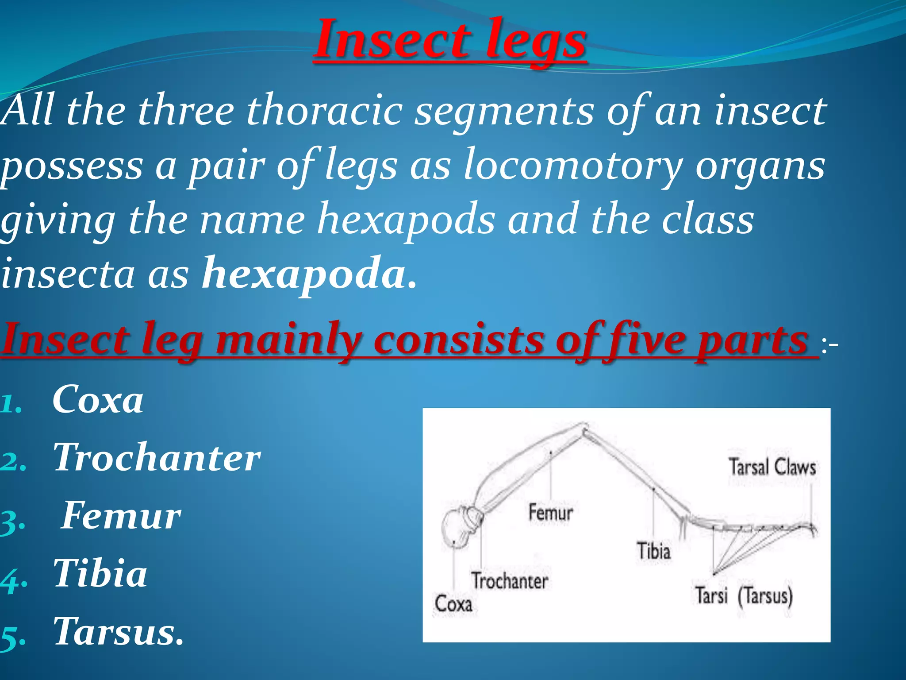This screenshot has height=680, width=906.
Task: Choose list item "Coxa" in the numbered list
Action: (x=98, y=400)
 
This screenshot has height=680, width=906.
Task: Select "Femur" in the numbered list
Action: (x=121, y=516)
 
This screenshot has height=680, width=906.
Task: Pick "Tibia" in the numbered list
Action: (x=100, y=574)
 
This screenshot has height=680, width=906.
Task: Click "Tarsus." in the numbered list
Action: (x=118, y=632)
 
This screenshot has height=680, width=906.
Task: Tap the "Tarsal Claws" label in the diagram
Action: (x=772, y=467)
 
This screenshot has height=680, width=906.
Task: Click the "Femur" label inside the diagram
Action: (x=550, y=513)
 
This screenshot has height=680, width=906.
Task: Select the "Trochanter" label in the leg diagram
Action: (x=509, y=581)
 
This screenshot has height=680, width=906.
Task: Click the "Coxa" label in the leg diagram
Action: (x=453, y=604)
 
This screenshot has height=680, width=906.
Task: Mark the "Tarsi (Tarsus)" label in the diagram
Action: (x=743, y=596)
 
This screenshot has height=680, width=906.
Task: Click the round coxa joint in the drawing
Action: (x=456, y=529)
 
